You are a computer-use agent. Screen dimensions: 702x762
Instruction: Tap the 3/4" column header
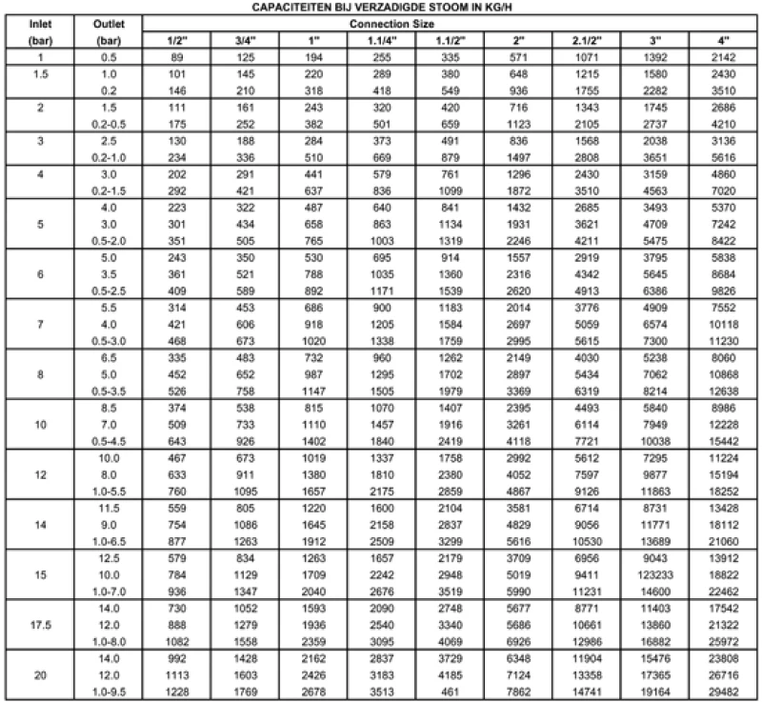tap(248, 40)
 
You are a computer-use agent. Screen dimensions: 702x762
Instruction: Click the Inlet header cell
tap(41, 21)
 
